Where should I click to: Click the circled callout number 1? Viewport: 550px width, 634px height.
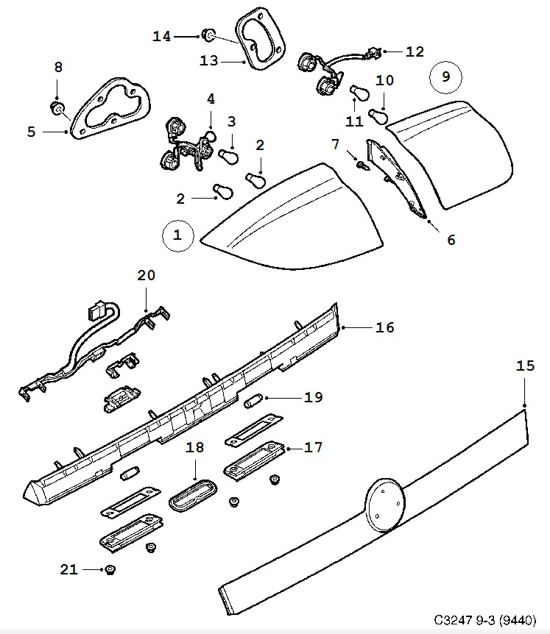tap(177, 235)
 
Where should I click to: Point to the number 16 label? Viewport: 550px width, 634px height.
tap(384, 327)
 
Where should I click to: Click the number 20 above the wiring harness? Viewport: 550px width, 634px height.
tap(147, 276)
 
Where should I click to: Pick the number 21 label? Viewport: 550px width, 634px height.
tap(68, 569)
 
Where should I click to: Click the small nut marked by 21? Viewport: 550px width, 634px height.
tap(110, 570)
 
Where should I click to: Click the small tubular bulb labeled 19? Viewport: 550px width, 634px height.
tap(253, 401)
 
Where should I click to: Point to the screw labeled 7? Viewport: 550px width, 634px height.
tap(361, 166)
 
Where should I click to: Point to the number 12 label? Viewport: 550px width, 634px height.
tap(415, 51)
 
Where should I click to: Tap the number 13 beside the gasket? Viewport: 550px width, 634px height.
tap(209, 61)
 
